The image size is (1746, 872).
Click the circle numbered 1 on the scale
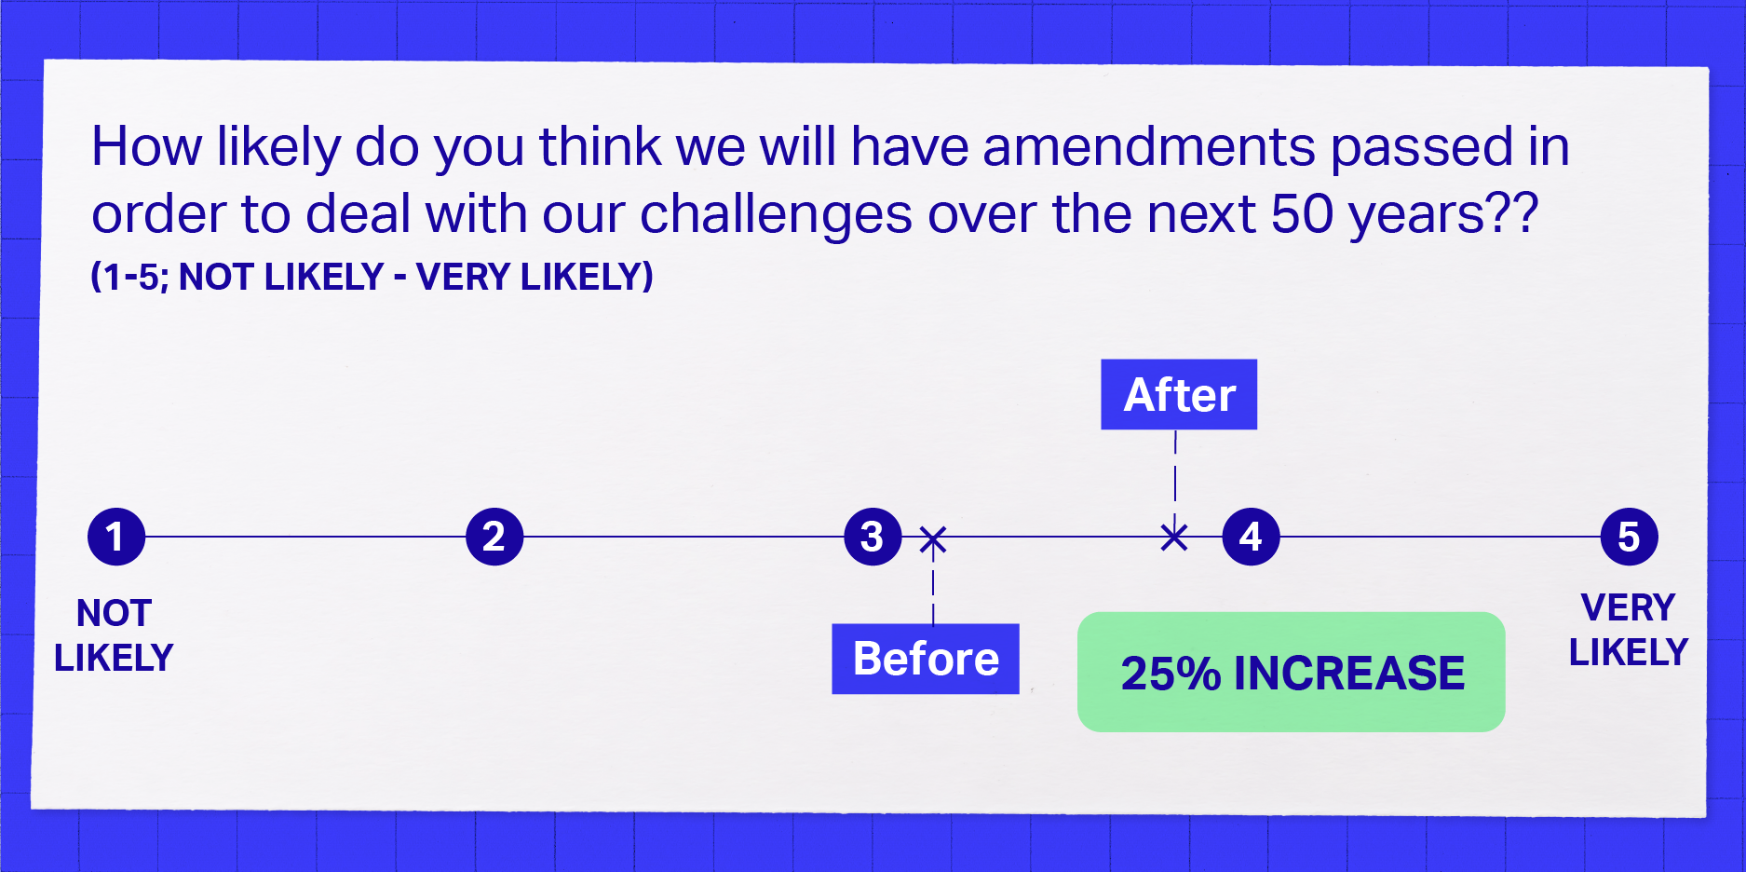116,537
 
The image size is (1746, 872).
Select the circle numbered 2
494,537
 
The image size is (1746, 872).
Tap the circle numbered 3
873,537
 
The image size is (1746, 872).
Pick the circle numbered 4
1251,537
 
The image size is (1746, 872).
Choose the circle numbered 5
1629,537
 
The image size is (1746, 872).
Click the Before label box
926,659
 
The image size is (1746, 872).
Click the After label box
1179,394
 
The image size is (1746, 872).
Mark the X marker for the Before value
933,539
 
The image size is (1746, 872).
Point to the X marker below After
1174,537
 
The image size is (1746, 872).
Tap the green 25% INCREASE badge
1292,672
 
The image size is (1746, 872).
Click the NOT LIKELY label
114,635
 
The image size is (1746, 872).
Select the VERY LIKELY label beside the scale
1628,630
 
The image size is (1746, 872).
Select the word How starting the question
146,147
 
